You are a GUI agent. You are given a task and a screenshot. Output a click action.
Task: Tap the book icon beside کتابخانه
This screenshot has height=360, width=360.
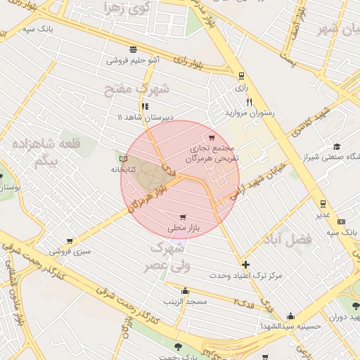coord(124,159)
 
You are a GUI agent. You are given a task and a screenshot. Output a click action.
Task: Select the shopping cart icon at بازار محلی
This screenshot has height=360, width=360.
coord(183,217)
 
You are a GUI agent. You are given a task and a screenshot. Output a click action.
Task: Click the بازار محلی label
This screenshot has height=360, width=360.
coord(184,229)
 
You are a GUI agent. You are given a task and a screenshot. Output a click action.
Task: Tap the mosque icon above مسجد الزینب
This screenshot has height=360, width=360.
coord(185,290)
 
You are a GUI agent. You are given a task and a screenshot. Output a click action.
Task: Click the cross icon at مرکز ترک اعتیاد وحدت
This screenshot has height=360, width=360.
coord(245,265)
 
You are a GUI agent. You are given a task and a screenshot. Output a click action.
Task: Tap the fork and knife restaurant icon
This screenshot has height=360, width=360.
coord(248,102)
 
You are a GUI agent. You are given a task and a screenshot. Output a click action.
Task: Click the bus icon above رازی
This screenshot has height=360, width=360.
coord(242,76)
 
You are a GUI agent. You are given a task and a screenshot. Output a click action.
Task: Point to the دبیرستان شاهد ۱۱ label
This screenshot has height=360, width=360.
coord(145,117)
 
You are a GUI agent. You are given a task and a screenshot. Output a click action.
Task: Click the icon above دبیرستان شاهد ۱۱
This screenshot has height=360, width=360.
coord(145,106)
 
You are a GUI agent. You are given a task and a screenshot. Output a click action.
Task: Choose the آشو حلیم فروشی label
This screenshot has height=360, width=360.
coord(133,60)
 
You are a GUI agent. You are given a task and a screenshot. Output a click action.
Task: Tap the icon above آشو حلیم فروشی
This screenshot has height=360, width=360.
coord(133,49)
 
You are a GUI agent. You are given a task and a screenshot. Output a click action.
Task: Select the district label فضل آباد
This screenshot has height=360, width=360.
coord(289,240)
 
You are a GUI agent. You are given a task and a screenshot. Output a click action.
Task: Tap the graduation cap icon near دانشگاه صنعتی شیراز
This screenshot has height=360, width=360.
coord(337,146)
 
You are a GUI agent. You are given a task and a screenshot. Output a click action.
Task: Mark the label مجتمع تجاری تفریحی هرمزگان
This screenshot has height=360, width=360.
coord(212,155)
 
